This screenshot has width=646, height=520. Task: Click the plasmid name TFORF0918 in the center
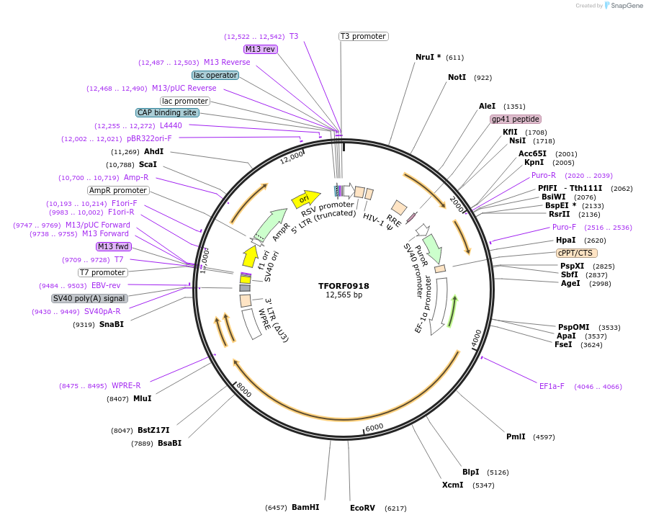[x=344, y=285]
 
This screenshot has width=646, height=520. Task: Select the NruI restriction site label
[x=428, y=57]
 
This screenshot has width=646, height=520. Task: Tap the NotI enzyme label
[x=457, y=77]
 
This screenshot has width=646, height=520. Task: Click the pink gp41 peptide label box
[x=515, y=119]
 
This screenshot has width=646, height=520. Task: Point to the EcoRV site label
[x=362, y=508]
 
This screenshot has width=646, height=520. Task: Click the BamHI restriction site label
[x=305, y=507]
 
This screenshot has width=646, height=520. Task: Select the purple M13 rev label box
[x=260, y=49]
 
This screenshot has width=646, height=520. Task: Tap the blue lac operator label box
[x=215, y=75]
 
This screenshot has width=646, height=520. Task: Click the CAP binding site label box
[x=166, y=112]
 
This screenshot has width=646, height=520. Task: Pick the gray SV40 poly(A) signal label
[x=89, y=298]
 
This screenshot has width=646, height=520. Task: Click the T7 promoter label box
[x=102, y=272]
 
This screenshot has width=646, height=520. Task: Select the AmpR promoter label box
[x=118, y=190]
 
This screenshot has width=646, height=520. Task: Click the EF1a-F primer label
[x=552, y=386]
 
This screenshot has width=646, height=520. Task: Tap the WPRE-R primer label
[x=126, y=385]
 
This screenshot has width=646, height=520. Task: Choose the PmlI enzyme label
[x=516, y=436]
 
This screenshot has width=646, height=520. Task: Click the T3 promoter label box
[x=363, y=36]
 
